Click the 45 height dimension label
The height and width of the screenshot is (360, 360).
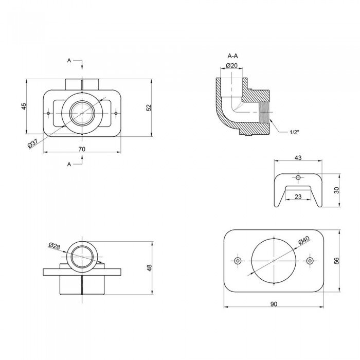24,106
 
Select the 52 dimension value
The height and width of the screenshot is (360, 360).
149,107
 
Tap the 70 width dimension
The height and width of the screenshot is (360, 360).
82,149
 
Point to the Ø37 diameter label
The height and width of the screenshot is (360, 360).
33,143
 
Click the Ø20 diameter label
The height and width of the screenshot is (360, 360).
231,66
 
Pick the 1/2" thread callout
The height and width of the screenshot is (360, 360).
294,132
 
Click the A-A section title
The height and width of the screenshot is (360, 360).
232,56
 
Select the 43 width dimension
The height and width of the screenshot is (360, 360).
298,158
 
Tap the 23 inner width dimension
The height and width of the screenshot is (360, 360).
298,196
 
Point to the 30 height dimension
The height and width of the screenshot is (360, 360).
336,190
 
